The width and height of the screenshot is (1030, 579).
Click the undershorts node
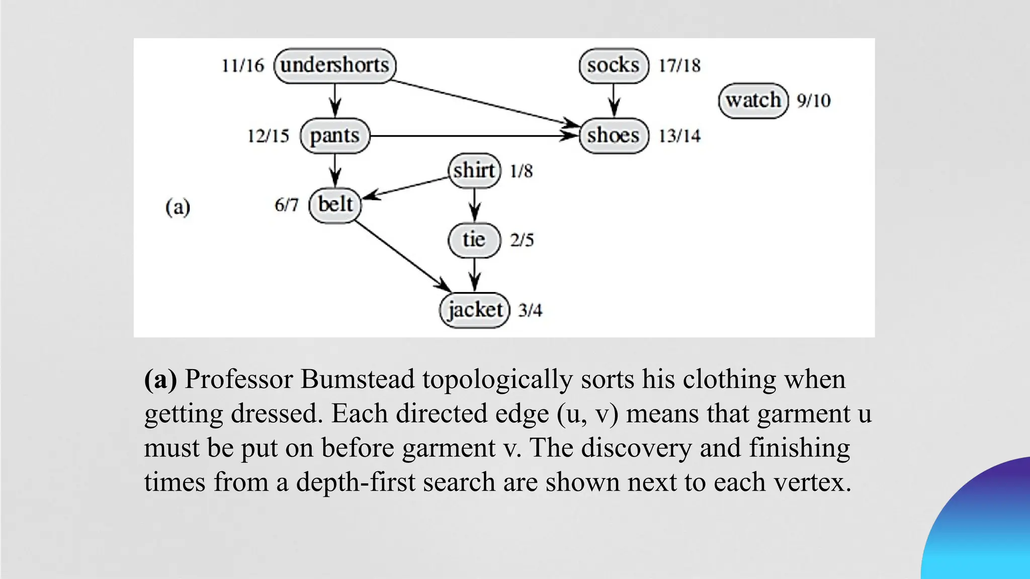click(x=335, y=65)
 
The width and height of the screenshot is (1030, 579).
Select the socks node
click(x=614, y=65)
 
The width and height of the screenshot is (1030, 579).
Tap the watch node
click(x=753, y=101)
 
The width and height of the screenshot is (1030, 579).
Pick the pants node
click(x=335, y=136)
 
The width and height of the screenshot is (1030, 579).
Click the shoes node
click(x=614, y=136)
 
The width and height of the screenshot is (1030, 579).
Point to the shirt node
click(x=474, y=171)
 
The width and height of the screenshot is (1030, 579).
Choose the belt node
click(x=335, y=205)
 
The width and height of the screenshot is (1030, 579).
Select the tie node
click(x=474, y=240)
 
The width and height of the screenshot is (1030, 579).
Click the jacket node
click(x=475, y=310)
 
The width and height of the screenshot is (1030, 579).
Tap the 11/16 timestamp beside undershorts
click(x=243, y=65)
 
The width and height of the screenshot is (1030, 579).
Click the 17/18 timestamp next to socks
click(x=679, y=65)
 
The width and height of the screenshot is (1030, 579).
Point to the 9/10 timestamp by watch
click(x=813, y=101)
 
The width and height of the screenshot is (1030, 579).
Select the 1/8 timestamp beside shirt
click(x=521, y=171)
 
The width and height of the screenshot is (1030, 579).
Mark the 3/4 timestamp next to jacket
click(x=530, y=310)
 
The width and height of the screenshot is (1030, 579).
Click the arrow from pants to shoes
click(x=473, y=136)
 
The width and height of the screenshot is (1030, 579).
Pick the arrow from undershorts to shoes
click(x=483, y=103)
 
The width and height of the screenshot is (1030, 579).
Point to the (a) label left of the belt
click(x=178, y=207)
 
